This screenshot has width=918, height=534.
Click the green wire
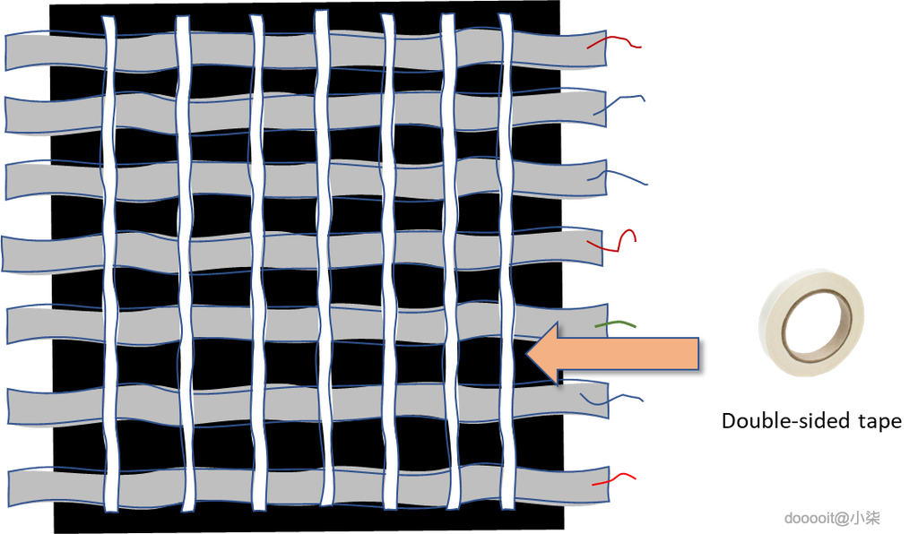click(x=615, y=323)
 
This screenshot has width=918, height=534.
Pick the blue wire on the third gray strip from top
click(x=618, y=175)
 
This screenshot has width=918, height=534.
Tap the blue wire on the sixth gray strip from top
click(x=611, y=400)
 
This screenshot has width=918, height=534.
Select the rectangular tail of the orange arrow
click(x=628, y=353)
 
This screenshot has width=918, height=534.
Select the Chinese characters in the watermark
click(x=865, y=518)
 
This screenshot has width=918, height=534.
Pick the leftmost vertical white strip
click(x=109, y=263)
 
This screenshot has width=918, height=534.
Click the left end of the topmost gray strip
click(x=7, y=53)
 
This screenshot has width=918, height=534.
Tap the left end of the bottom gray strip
click(x=11, y=487)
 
